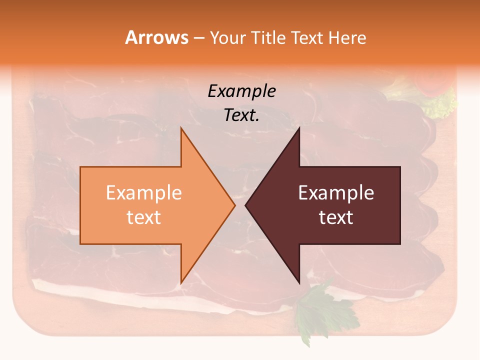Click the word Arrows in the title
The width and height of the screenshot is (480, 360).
pos(157,37)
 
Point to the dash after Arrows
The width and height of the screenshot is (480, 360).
pos(198,38)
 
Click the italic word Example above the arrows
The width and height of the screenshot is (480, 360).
pos(241,91)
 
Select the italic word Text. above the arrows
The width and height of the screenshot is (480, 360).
pos(241,115)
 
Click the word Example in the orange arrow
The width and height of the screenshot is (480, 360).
pos(144,193)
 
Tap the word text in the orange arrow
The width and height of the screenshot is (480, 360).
pos(144,217)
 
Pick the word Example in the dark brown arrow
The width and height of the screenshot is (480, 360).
pos(336,193)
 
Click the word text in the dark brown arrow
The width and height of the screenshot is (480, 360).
pos(336,217)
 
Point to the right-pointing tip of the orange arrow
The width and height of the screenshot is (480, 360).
pos(234,205)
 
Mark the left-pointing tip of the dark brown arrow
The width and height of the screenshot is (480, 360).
pos(246,205)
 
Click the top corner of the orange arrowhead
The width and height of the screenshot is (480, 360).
pos(181,128)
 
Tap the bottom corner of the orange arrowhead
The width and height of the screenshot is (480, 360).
pos(181,283)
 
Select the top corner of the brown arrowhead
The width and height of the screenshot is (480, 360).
pos(299,128)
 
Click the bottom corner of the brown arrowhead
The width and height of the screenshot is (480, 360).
pos(299,283)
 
